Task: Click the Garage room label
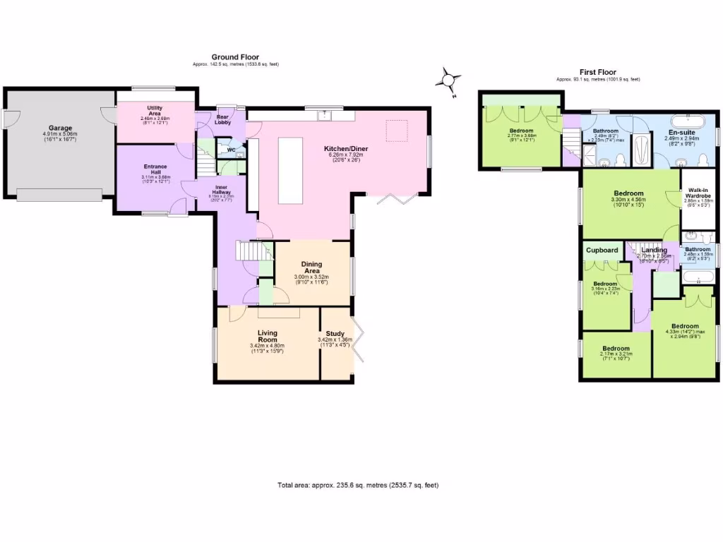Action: coord(60,128)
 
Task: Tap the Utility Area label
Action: coord(155,110)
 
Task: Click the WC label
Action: coord(230,149)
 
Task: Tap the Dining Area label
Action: coord(311,267)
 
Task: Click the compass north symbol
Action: coord(448,79)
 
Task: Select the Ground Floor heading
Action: coord(235,57)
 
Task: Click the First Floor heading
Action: coord(598,72)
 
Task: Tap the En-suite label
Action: coord(681,132)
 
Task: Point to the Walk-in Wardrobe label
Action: coord(698,193)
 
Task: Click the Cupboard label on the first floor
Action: coord(602,251)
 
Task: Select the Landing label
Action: coord(654,251)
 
